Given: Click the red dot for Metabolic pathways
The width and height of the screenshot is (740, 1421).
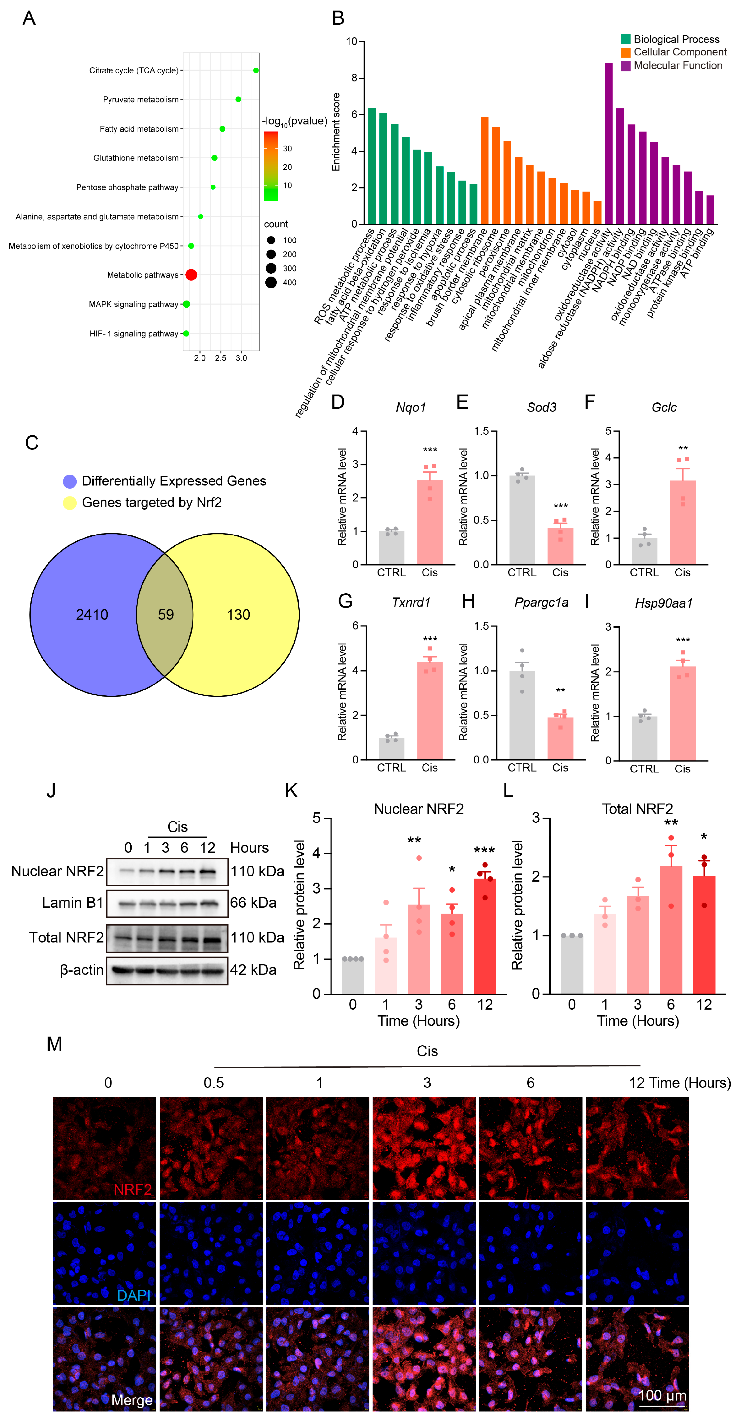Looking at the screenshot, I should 191,275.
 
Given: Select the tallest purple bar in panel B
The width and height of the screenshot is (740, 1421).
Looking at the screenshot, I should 609,143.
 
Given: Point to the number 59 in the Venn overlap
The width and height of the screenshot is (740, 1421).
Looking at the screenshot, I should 165,615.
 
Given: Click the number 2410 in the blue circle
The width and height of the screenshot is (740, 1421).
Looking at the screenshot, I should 92,615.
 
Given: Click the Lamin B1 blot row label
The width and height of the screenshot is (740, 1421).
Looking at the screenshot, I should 72,902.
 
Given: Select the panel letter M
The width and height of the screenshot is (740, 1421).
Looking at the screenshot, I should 54,1044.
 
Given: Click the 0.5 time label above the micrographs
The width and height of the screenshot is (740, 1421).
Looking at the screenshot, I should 214,1083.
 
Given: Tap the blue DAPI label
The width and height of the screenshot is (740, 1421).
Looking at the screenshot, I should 133,1295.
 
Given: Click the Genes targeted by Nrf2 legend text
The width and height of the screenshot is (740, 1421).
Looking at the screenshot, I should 152,503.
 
